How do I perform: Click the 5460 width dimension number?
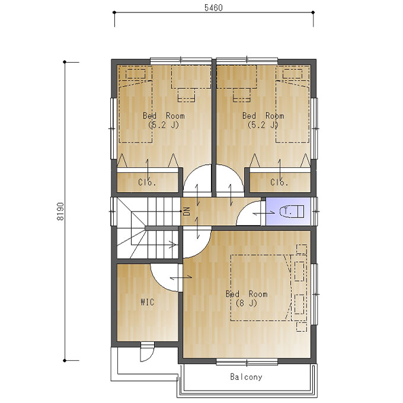(213, 8)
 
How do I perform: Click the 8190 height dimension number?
(60, 211)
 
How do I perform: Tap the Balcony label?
(246, 377)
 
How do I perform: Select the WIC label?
(147, 302)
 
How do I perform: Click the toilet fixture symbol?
(292, 212)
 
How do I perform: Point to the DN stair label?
(186, 211)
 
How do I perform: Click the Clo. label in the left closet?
(147, 182)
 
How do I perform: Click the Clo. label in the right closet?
(279, 182)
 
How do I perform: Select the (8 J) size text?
(246, 303)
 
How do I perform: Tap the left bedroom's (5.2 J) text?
(164, 125)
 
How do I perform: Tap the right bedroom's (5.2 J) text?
(263, 125)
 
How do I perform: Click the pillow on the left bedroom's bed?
(136, 74)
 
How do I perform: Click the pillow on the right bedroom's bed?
(292, 74)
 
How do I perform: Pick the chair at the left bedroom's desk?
(186, 95)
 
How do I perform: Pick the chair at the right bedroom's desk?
(242, 95)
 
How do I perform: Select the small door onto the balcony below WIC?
(147, 351)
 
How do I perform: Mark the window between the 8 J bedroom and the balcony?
(247, 362)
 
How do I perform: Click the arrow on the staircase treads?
(172, 244)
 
